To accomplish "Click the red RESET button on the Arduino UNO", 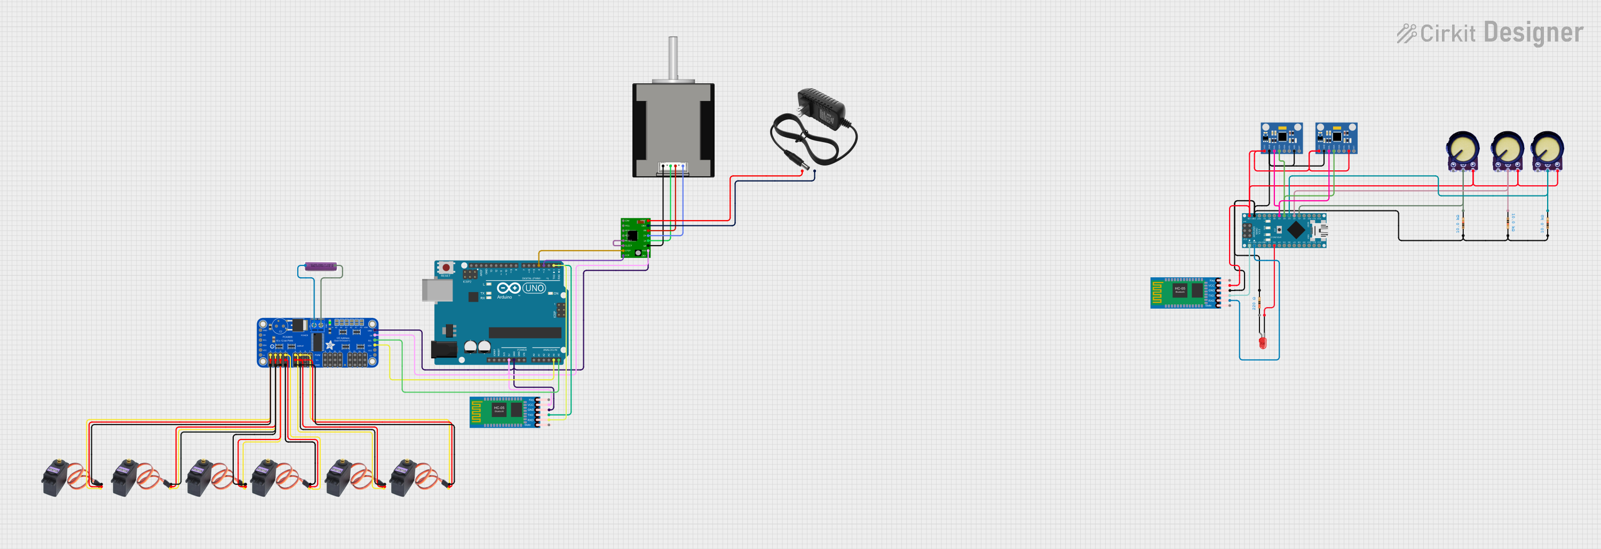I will click(446, 268).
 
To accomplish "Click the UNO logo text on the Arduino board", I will click(534, 288).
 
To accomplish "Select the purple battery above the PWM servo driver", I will click(320, 266).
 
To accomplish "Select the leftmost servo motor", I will click(56, 477).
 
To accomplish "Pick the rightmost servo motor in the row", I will click(404, 477).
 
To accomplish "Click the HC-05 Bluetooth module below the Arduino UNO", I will click(504, 412).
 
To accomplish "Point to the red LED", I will click(1262, 342).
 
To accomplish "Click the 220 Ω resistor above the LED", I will click(1260, 303).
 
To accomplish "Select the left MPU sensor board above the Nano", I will click(1281, 137).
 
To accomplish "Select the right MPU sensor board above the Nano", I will click(1336, 137).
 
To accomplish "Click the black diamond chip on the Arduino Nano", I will click(1296, 230).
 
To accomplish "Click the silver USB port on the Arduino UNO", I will click(437, 291).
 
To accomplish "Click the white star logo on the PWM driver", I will click(330, 345).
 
